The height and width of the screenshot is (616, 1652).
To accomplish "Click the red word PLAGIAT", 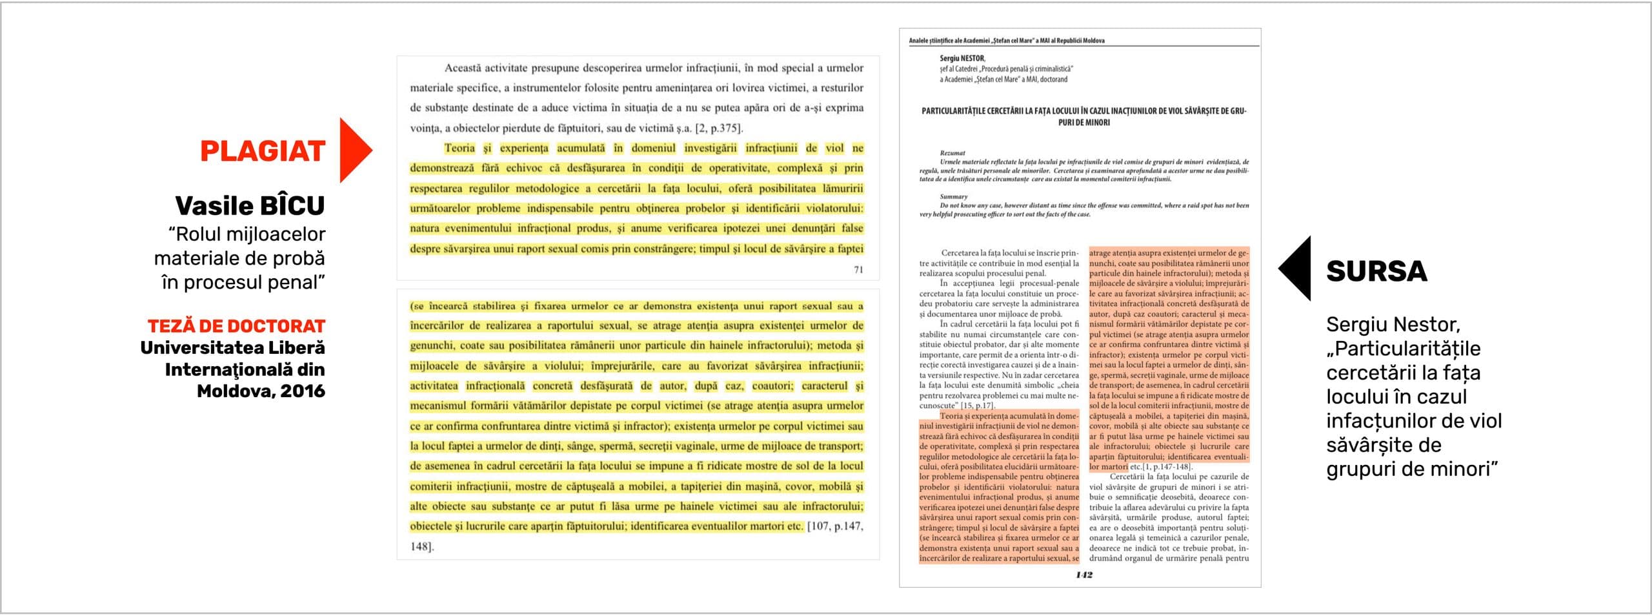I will [262, 151].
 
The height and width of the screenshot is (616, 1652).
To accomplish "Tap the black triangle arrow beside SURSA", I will [1296, 268].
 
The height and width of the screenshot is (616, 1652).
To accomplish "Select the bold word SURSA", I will [1376, 271].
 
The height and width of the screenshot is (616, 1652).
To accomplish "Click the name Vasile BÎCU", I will [250, 206].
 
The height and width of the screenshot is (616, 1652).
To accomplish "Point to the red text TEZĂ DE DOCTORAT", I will [236, 326].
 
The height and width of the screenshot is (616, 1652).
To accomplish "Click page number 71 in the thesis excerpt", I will [858, 270].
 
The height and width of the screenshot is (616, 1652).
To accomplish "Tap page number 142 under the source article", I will [1083, 575].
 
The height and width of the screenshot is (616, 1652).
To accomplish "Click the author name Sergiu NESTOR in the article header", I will [962, 58].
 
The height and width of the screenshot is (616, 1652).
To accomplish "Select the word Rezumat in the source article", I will [952, 153].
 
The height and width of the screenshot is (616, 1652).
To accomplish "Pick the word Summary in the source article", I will [953, 196].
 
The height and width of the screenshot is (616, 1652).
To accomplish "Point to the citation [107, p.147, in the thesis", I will [834, 526].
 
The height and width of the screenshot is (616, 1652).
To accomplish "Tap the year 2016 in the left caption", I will [303, 391].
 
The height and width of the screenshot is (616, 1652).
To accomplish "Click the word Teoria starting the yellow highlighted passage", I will [459, 148].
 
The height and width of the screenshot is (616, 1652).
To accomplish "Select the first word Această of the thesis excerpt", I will [463, 68].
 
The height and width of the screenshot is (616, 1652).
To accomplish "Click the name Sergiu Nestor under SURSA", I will [1393, 324].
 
